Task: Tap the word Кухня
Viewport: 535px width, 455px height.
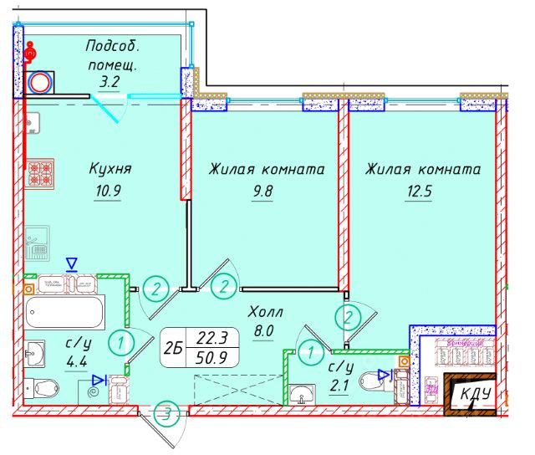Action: click(110, 169)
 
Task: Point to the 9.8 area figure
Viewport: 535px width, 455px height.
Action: click(263, 190)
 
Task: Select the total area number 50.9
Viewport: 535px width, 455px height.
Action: click(213, 359)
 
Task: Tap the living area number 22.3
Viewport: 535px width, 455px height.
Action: click(213, 339)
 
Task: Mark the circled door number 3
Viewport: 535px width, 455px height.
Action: click(168, 412)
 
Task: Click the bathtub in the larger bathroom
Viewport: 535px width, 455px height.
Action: click(64, 313)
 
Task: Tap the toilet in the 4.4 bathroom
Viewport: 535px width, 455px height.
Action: click(43, 387)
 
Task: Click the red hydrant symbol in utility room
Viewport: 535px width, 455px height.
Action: click(31, 54)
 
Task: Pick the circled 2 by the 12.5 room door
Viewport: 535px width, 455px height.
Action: click(348, 317)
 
